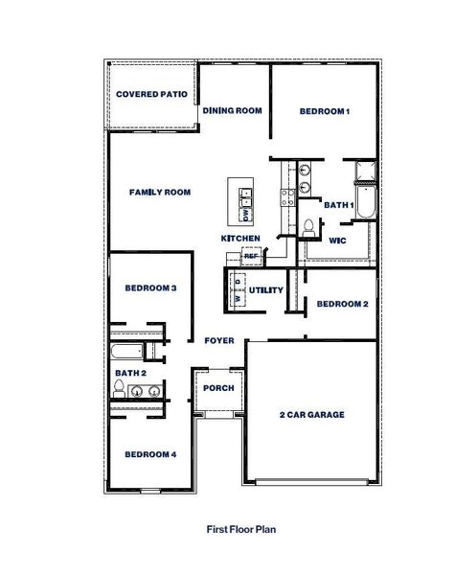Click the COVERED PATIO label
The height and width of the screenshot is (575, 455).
[151, 95]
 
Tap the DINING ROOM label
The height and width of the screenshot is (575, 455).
[232, 111]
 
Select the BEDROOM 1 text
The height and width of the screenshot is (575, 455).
[324, 112]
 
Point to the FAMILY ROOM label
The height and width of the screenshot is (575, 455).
[160, 193]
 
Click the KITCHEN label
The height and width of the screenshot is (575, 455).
[240, 238]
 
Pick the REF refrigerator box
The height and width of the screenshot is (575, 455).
[251, 256]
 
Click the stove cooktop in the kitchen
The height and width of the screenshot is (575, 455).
[285, 198]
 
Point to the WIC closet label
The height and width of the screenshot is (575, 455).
[337, 241]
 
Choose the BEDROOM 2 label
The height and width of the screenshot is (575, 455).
[342, 305]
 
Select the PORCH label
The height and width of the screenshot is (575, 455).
[219, 388]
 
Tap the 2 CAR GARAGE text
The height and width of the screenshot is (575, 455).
[311, 415]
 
